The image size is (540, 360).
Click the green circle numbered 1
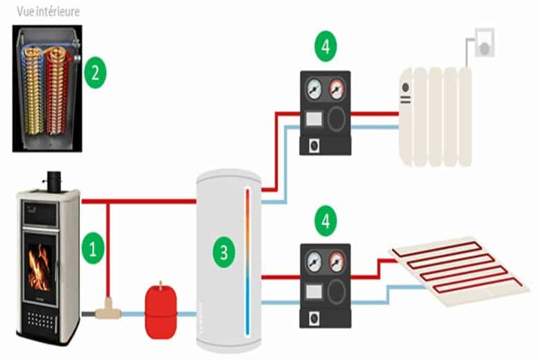click(x=93, y=246)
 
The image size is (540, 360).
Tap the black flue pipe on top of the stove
click(x=53, y=179)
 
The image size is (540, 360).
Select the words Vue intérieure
click(x=41, y=12)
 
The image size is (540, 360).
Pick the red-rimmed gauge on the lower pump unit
click(x=337, y=262)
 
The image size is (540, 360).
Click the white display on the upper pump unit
click(x=312, y=119)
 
